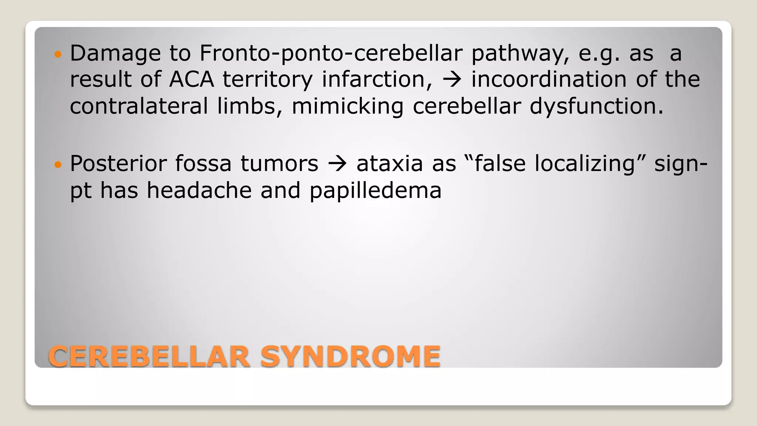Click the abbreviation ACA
(191, 80)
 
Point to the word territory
(267, 80)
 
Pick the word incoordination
(549, 80)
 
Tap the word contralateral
(139, 106)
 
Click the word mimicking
(347, 107)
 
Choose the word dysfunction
(597, 107)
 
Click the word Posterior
(118, 164)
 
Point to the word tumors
(279, 164)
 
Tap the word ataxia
(390, 164)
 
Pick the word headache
(199, 191)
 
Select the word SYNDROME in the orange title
(350, 356)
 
